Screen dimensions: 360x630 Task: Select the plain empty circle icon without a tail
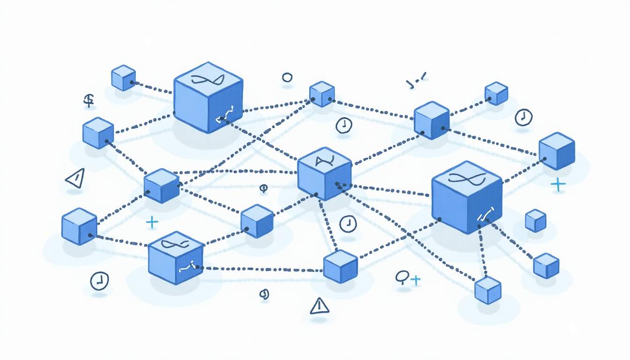click(287, 78)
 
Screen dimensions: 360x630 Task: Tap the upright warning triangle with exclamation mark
click(320, 306)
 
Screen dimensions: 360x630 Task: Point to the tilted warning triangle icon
click(75, 178)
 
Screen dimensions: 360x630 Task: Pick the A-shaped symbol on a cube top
click(323, 162)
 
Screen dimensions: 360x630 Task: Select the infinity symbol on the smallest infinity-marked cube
click(174, 244)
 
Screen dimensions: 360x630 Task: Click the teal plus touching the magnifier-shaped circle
click(415, 280)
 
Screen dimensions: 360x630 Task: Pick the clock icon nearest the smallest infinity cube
click(99, 280)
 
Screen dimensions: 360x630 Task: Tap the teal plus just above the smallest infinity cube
click(152, 222)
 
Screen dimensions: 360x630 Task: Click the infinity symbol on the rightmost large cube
click(465, 178)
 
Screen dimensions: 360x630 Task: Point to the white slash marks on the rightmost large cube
click(485, 215)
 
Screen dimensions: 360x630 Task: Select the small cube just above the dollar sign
click(124, 78)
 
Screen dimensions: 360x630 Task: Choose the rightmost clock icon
click(523, 117)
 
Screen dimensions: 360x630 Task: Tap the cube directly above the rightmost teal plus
click(557, 150)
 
